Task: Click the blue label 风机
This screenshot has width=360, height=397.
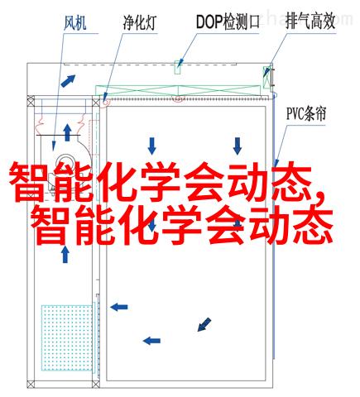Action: pyautogui.click(x=75, y=23)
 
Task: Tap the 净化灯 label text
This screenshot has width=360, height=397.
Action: pyautogui.click(x=140, y=23)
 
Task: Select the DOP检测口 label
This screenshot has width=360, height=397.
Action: pyautogui.click(x=228, y=22)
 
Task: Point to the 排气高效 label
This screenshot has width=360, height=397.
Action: pyautogui.click(x=310, y=22)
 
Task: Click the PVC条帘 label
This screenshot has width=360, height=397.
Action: pyautogui.click(x=306, y=113)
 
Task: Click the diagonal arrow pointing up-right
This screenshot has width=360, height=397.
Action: pyautogui.click(x=68, y=81)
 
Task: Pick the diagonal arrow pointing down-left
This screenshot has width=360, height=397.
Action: pyautogui.click(x=204, y=324)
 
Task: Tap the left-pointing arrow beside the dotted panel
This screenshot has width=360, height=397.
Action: pyautogui.click(x=119, y=307)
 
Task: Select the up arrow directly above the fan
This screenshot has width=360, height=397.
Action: pyautogui.click(x=67, y=132)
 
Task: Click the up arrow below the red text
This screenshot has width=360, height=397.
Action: pyautogui.click(x=65, y=255)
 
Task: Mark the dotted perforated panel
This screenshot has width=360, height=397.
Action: pyautogui.click(x=66, y=337)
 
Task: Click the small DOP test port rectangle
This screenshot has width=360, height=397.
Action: pyautogui.click(x=178, y=67)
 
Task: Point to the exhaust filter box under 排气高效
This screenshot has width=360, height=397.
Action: pyautogui.click(x=266, y=77)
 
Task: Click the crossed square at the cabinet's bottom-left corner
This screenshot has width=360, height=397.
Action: pyautogui.click(x=31, y=384)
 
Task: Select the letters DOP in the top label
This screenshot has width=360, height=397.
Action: pyautogui.click(x=209, y=22)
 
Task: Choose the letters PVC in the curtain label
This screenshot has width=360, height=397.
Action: pyautogui.click(x=295, y=113)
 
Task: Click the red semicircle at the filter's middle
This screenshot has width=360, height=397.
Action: pyautogui.click(x=178, y=98)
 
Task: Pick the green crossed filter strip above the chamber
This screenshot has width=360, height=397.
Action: pyautogui.click(x=178, y=91)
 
